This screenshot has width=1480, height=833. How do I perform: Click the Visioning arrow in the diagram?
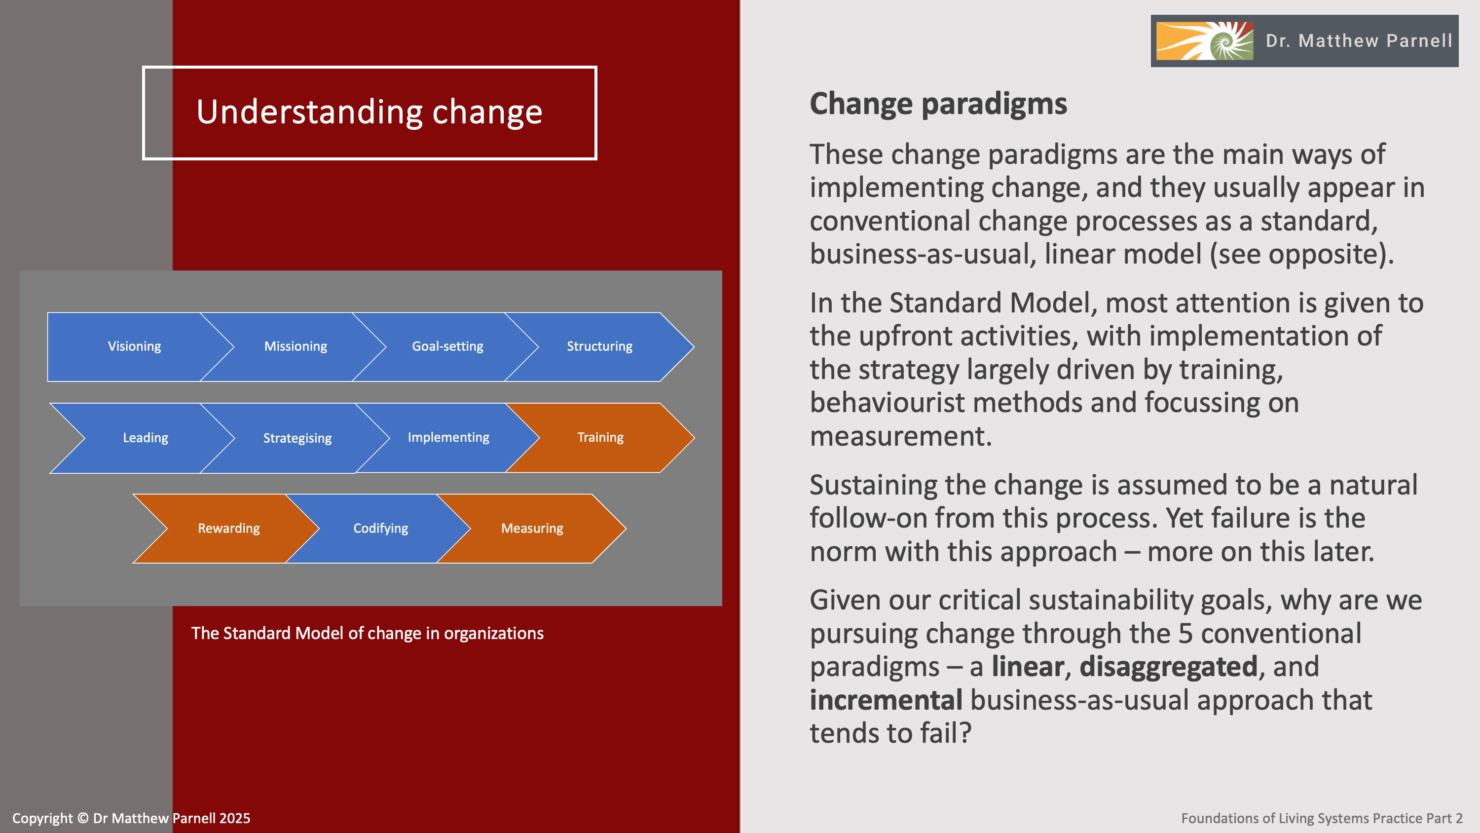pyautogui.click(x=135, y=346)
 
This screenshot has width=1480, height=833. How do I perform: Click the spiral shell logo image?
pyautogui.click(x=1205, y=41)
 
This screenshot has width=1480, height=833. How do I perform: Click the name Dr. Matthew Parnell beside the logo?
pyautogui.click(x=1359, y=41)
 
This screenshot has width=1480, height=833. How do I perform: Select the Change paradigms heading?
pyautogui.click(x=938, y=104)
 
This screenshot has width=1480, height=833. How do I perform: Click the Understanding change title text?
pyautogui.click(x=370, y=112)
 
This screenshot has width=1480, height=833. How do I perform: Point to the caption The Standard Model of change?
pyautogui.click(x=367, y=633)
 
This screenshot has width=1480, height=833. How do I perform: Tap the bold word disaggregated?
pyautogui.click(x=1169, y=667)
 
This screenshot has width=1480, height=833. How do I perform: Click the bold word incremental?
pyautogui.click(x=886, y=700)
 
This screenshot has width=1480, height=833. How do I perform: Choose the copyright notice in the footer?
pyautogui.click(x=132, y=818)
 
